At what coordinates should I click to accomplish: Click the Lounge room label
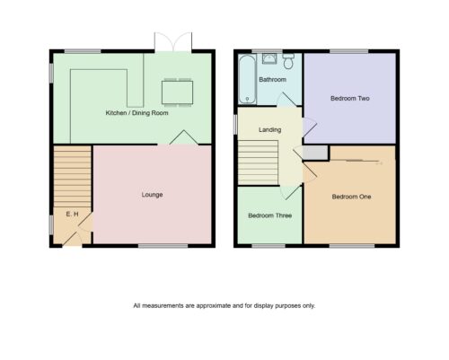pyautogui.click(x=152, y=195)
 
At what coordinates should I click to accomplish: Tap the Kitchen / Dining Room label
pyautogui.click(x=136, y=113)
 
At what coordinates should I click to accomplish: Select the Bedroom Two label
pyautogui.click(x=350, y=98)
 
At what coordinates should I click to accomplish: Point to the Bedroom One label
pyautogui.click(x=351, y=197)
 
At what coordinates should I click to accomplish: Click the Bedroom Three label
pyautogui.click(x=269, y=215)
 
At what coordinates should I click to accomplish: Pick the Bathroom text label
pyautogui.click(x=272, y=80)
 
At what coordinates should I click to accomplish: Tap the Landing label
pyautogui.click(x=269, y=129)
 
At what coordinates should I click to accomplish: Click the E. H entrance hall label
pyautogui.click(x=72, y=214)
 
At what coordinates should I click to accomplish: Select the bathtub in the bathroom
pyautogui.click(x=247, y=79)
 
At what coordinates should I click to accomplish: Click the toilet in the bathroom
pyautogui.click(x=288, y=61)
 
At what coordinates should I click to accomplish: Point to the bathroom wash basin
pyautogui.click(x=269, y=58)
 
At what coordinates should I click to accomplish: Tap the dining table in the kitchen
pyautogui.click(x=177, y=92)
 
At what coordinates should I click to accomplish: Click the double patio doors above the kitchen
pyautogui.click(x=173, y=42)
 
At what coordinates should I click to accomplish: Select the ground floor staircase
pyautogui.click(x=72, y=177)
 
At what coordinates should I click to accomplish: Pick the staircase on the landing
pyautogui.click(x=258, y=162)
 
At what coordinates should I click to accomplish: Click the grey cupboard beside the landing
pyautogui.click(x=315, y=153)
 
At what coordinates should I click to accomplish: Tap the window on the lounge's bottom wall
pyautogui.click(x=163, y=246)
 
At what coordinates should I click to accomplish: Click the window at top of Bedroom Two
pyautogui.click(x=348, y=51)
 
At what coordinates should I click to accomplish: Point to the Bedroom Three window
pyautogui.click(x=269, y=246)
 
